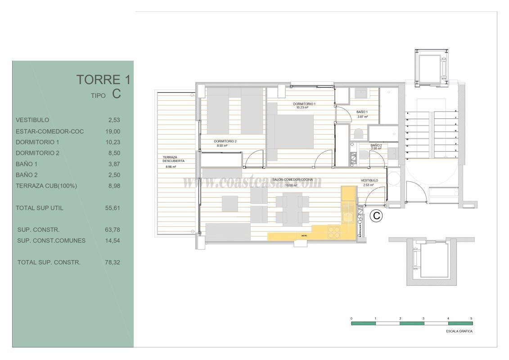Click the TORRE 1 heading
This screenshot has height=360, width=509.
tap(104, 80)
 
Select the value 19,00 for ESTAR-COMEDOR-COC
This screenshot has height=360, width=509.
tap(113, 131)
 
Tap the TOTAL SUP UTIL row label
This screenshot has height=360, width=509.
tap(40, 208)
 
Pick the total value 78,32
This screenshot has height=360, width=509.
tap(113, 262)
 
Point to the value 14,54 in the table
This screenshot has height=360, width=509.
tap(113, 240)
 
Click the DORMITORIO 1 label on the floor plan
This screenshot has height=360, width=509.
tap(304, 104)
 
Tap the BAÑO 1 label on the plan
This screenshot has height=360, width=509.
tap(362, 112)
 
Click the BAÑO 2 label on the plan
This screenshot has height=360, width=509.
tap(376, 145)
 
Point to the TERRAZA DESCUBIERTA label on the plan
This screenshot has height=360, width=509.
tap(174, 158)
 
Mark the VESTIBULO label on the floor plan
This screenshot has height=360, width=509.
tap(369, 180)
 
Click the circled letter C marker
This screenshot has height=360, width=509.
tap(376, 216)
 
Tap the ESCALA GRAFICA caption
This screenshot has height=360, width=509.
tap(460, 331)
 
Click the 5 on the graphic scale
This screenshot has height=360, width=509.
tap(471, 318)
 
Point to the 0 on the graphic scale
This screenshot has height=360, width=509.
tap(351, 318)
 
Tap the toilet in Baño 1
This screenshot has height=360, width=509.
tap(359, 134)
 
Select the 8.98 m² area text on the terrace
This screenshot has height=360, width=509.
tap(171, 166)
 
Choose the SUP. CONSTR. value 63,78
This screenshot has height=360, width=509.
tap(113, 229)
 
